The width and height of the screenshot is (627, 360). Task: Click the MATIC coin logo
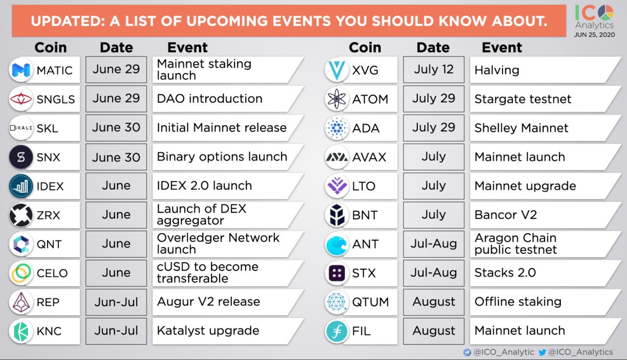click(21, 70)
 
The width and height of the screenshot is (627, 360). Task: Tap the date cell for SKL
click(116, 128)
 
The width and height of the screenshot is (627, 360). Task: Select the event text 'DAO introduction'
click(209, 98)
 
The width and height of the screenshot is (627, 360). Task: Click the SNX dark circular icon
click(21, 157)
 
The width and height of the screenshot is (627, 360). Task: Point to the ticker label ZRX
click(48, 216)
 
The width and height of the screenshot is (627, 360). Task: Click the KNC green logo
click(21, 331)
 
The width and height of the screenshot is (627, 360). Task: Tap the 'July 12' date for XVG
click(434, 70)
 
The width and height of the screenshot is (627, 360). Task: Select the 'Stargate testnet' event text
click(523, 99)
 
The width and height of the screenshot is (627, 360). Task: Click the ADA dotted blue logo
click(337, 128)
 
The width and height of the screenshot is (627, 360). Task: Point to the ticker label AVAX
click(369, 157)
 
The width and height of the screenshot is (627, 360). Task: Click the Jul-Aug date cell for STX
click(434, 273)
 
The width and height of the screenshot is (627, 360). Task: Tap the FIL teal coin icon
click(337, 331)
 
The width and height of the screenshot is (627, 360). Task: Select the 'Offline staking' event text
click(518, 302)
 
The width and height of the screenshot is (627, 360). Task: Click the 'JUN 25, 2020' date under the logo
click(594, 35)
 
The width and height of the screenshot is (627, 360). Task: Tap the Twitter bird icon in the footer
click(542, 352)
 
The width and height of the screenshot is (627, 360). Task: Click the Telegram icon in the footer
click(467, 352)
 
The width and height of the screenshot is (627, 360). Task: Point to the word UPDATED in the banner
click(68, 21)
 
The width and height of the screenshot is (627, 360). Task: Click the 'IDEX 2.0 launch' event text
click(204, 186)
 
